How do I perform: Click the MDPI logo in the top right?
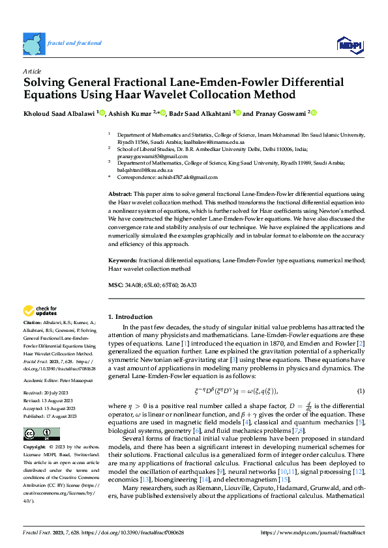[x=349, y=44]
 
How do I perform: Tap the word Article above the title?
[x=32, y=71]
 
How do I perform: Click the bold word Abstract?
[x=120, y=194]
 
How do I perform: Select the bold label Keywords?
[x=123, y=260]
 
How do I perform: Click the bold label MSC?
[x=115, y=285]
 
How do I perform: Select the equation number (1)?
[x=360, y=390]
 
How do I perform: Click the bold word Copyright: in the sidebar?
[x=35, y=447]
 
